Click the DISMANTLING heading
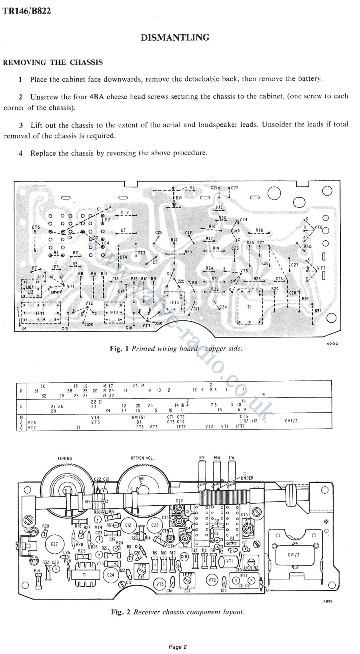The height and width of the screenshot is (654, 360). (x=175, y=38)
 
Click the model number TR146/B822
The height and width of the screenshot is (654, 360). (x=27, y=11)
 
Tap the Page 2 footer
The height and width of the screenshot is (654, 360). (x=177, y=646)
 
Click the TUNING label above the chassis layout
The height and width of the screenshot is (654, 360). (x=65, y=458)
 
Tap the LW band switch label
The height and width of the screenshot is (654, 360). (x=232, y=458)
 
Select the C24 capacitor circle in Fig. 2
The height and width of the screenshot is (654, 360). (x=111, y=575)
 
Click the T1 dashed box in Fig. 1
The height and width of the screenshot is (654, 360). (x=250, y=307)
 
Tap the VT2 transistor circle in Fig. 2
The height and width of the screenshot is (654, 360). (x=212, y=580)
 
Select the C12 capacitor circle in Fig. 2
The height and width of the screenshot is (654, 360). (x=128, y=525)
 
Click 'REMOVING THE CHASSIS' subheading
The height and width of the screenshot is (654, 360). (x=53, y=62)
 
